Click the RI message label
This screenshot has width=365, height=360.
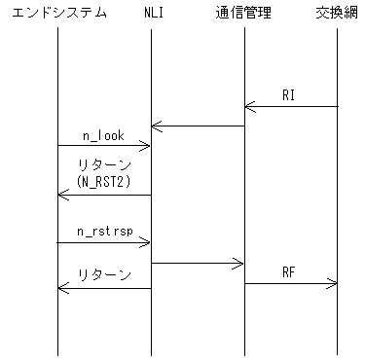point(290,96)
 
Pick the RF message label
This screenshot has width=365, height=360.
point(290,273)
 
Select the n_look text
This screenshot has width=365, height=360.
point(103,136)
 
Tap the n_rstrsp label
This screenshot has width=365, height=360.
point(103,234)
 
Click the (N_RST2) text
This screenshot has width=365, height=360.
point(104,181)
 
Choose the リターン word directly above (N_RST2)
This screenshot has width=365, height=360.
point(104,165)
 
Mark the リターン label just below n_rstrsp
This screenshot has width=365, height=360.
point(104,276)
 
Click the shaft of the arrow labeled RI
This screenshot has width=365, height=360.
point(292,107)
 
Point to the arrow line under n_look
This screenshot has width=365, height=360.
point(103,146)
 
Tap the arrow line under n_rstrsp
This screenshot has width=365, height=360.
point(103,243)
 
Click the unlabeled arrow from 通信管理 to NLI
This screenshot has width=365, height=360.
point(199,126)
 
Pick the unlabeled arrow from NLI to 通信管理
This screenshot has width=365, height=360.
point(199,263)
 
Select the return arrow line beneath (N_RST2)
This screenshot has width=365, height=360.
point(104,195)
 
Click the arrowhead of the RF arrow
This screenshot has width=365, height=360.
point(333,284)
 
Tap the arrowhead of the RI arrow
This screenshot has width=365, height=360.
point(249,107)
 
